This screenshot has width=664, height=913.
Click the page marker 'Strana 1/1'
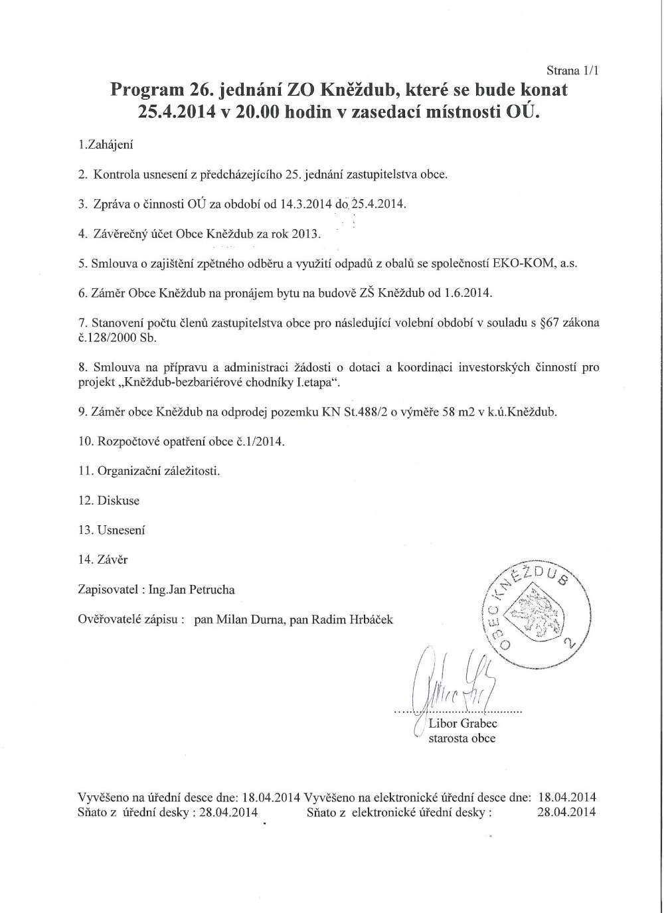pyautogui.click(x=573, y=70)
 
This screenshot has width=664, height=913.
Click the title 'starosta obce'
pyautogui.click(x=462, y=738)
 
